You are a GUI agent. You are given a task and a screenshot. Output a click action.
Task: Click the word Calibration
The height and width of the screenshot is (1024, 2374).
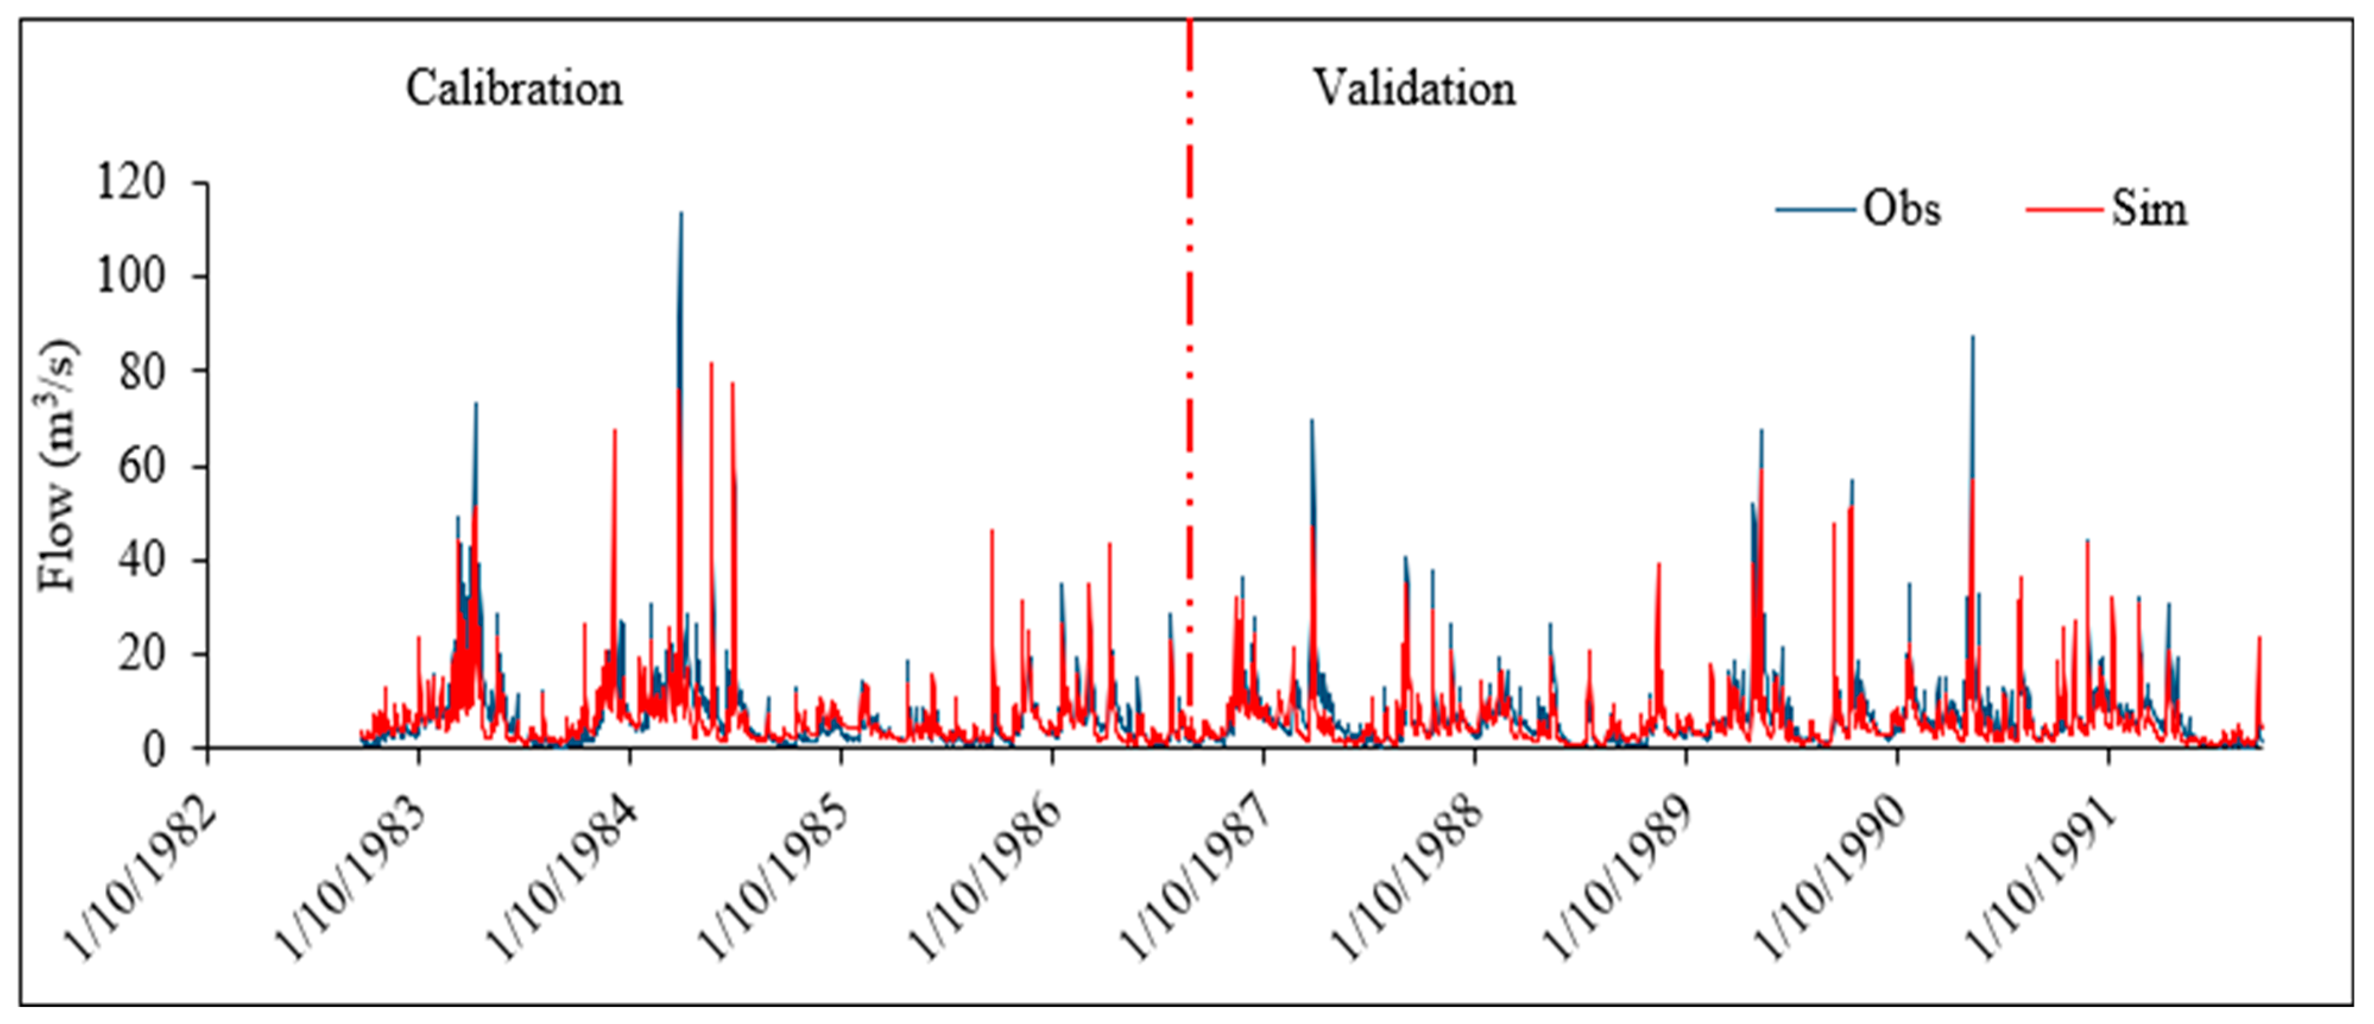point(514,90)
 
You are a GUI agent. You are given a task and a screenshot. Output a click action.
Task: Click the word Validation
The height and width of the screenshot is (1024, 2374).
point(1414,90)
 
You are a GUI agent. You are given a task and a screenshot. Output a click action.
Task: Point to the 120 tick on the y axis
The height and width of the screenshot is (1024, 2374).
point(130,182)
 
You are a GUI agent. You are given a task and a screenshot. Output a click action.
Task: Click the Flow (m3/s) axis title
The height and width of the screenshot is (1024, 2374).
point(57,466)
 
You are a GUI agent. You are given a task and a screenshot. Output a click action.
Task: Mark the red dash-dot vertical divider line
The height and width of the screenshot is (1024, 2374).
point(1190,369)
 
